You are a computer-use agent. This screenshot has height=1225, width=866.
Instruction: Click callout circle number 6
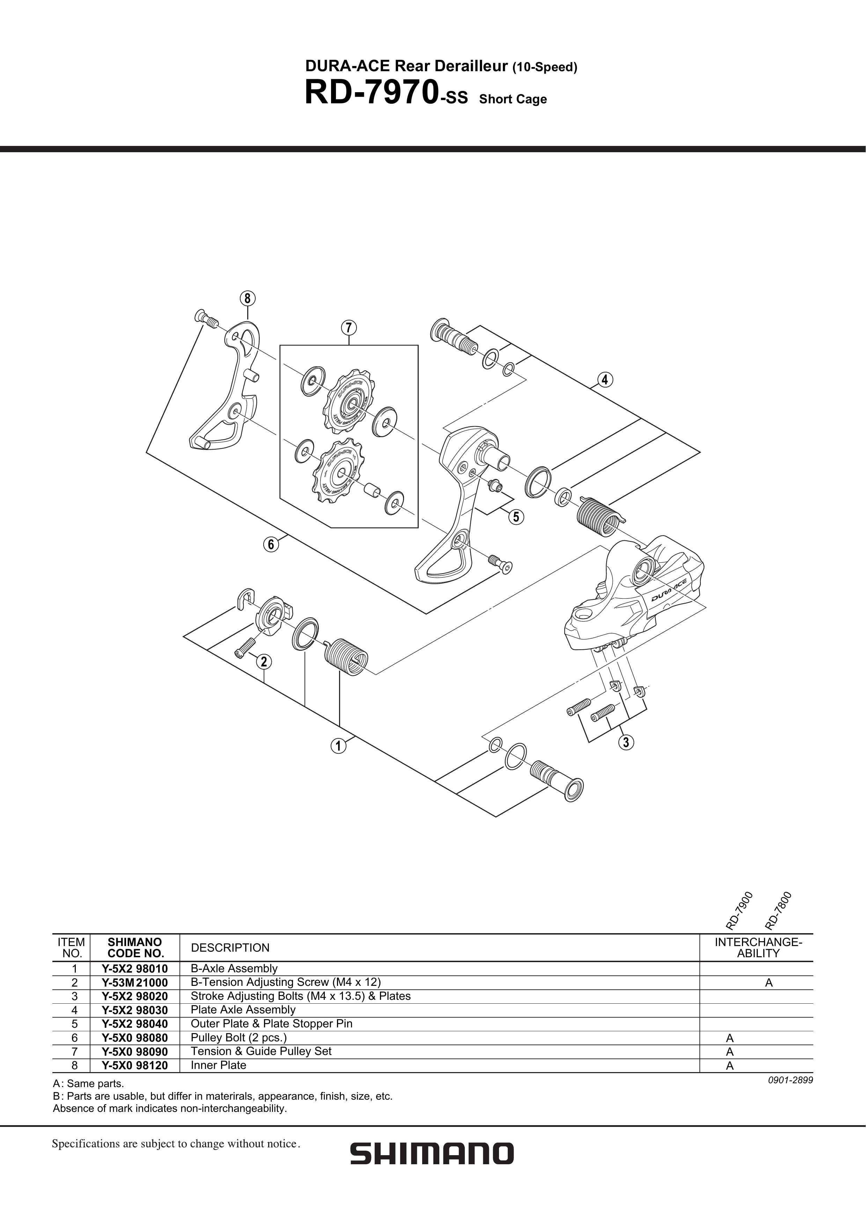pyautogui.click(x=271, y=545)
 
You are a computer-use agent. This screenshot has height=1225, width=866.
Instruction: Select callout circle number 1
pyautogui.click(x=338, y=746)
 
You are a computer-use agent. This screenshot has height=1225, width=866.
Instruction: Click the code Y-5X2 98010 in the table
pyautogui.click(x=135, y=968)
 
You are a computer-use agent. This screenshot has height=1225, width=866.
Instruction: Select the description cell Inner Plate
pyautogui.click(x=218, y=1065)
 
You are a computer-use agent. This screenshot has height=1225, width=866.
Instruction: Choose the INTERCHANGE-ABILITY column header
pyautogui.click(x=758, y=947)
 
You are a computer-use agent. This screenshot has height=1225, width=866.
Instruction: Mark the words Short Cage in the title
pyautogui.click(x=513, y=99)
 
